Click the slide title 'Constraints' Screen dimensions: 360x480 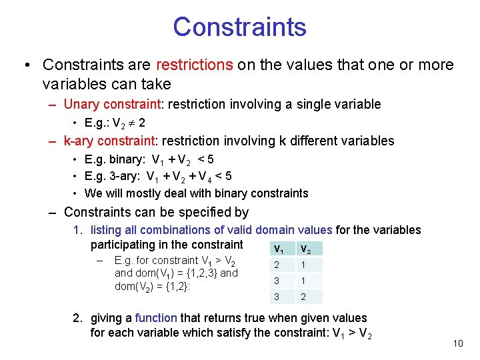[x=239, y=27]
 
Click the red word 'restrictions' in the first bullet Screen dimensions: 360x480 [x=194, y=65]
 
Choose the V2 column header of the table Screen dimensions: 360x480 [x=305, y=249]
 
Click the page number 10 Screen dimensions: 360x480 [x=457, y=343]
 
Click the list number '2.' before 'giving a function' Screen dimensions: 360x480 [x=77, y=318]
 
